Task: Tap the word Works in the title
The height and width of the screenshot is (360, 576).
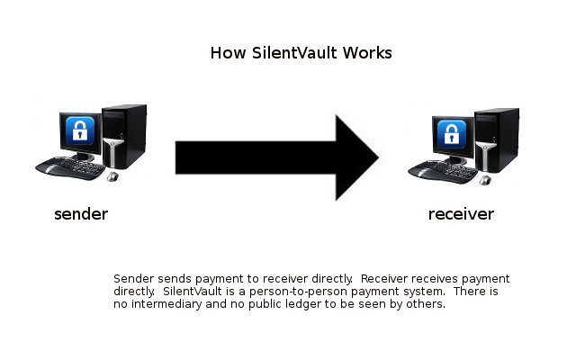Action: click(x=368, y=52)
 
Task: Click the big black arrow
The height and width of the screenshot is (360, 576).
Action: click(x=270, y=157)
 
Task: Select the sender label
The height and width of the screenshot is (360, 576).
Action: click(x=81, y=214)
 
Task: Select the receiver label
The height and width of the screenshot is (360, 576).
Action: click(x=461, y=214)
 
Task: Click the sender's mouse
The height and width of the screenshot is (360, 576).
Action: click(x=112, y=176)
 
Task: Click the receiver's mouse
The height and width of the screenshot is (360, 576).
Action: click(x=485, y=179)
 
